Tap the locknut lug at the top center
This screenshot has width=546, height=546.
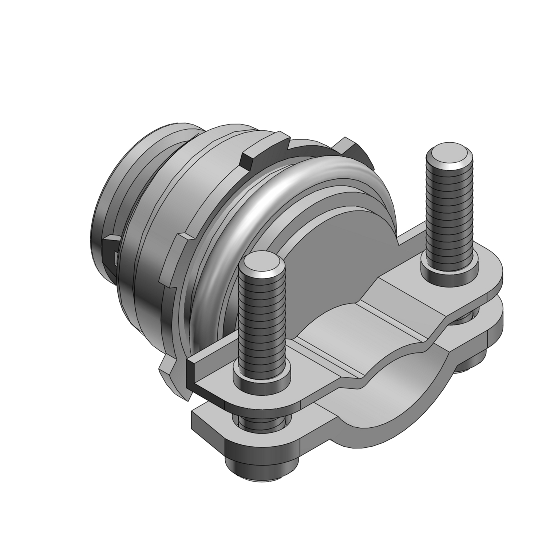pos(264,153)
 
